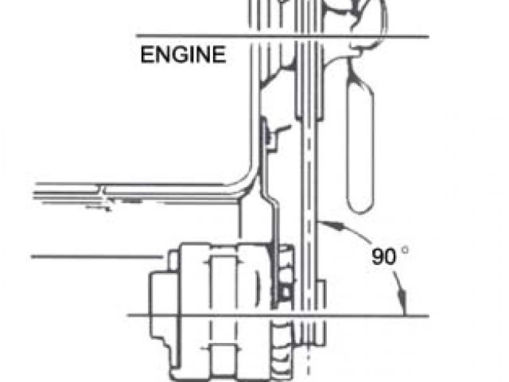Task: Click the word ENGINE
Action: [183, 56]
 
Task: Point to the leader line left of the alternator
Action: [95, 256]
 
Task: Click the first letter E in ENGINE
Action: [146, 56]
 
